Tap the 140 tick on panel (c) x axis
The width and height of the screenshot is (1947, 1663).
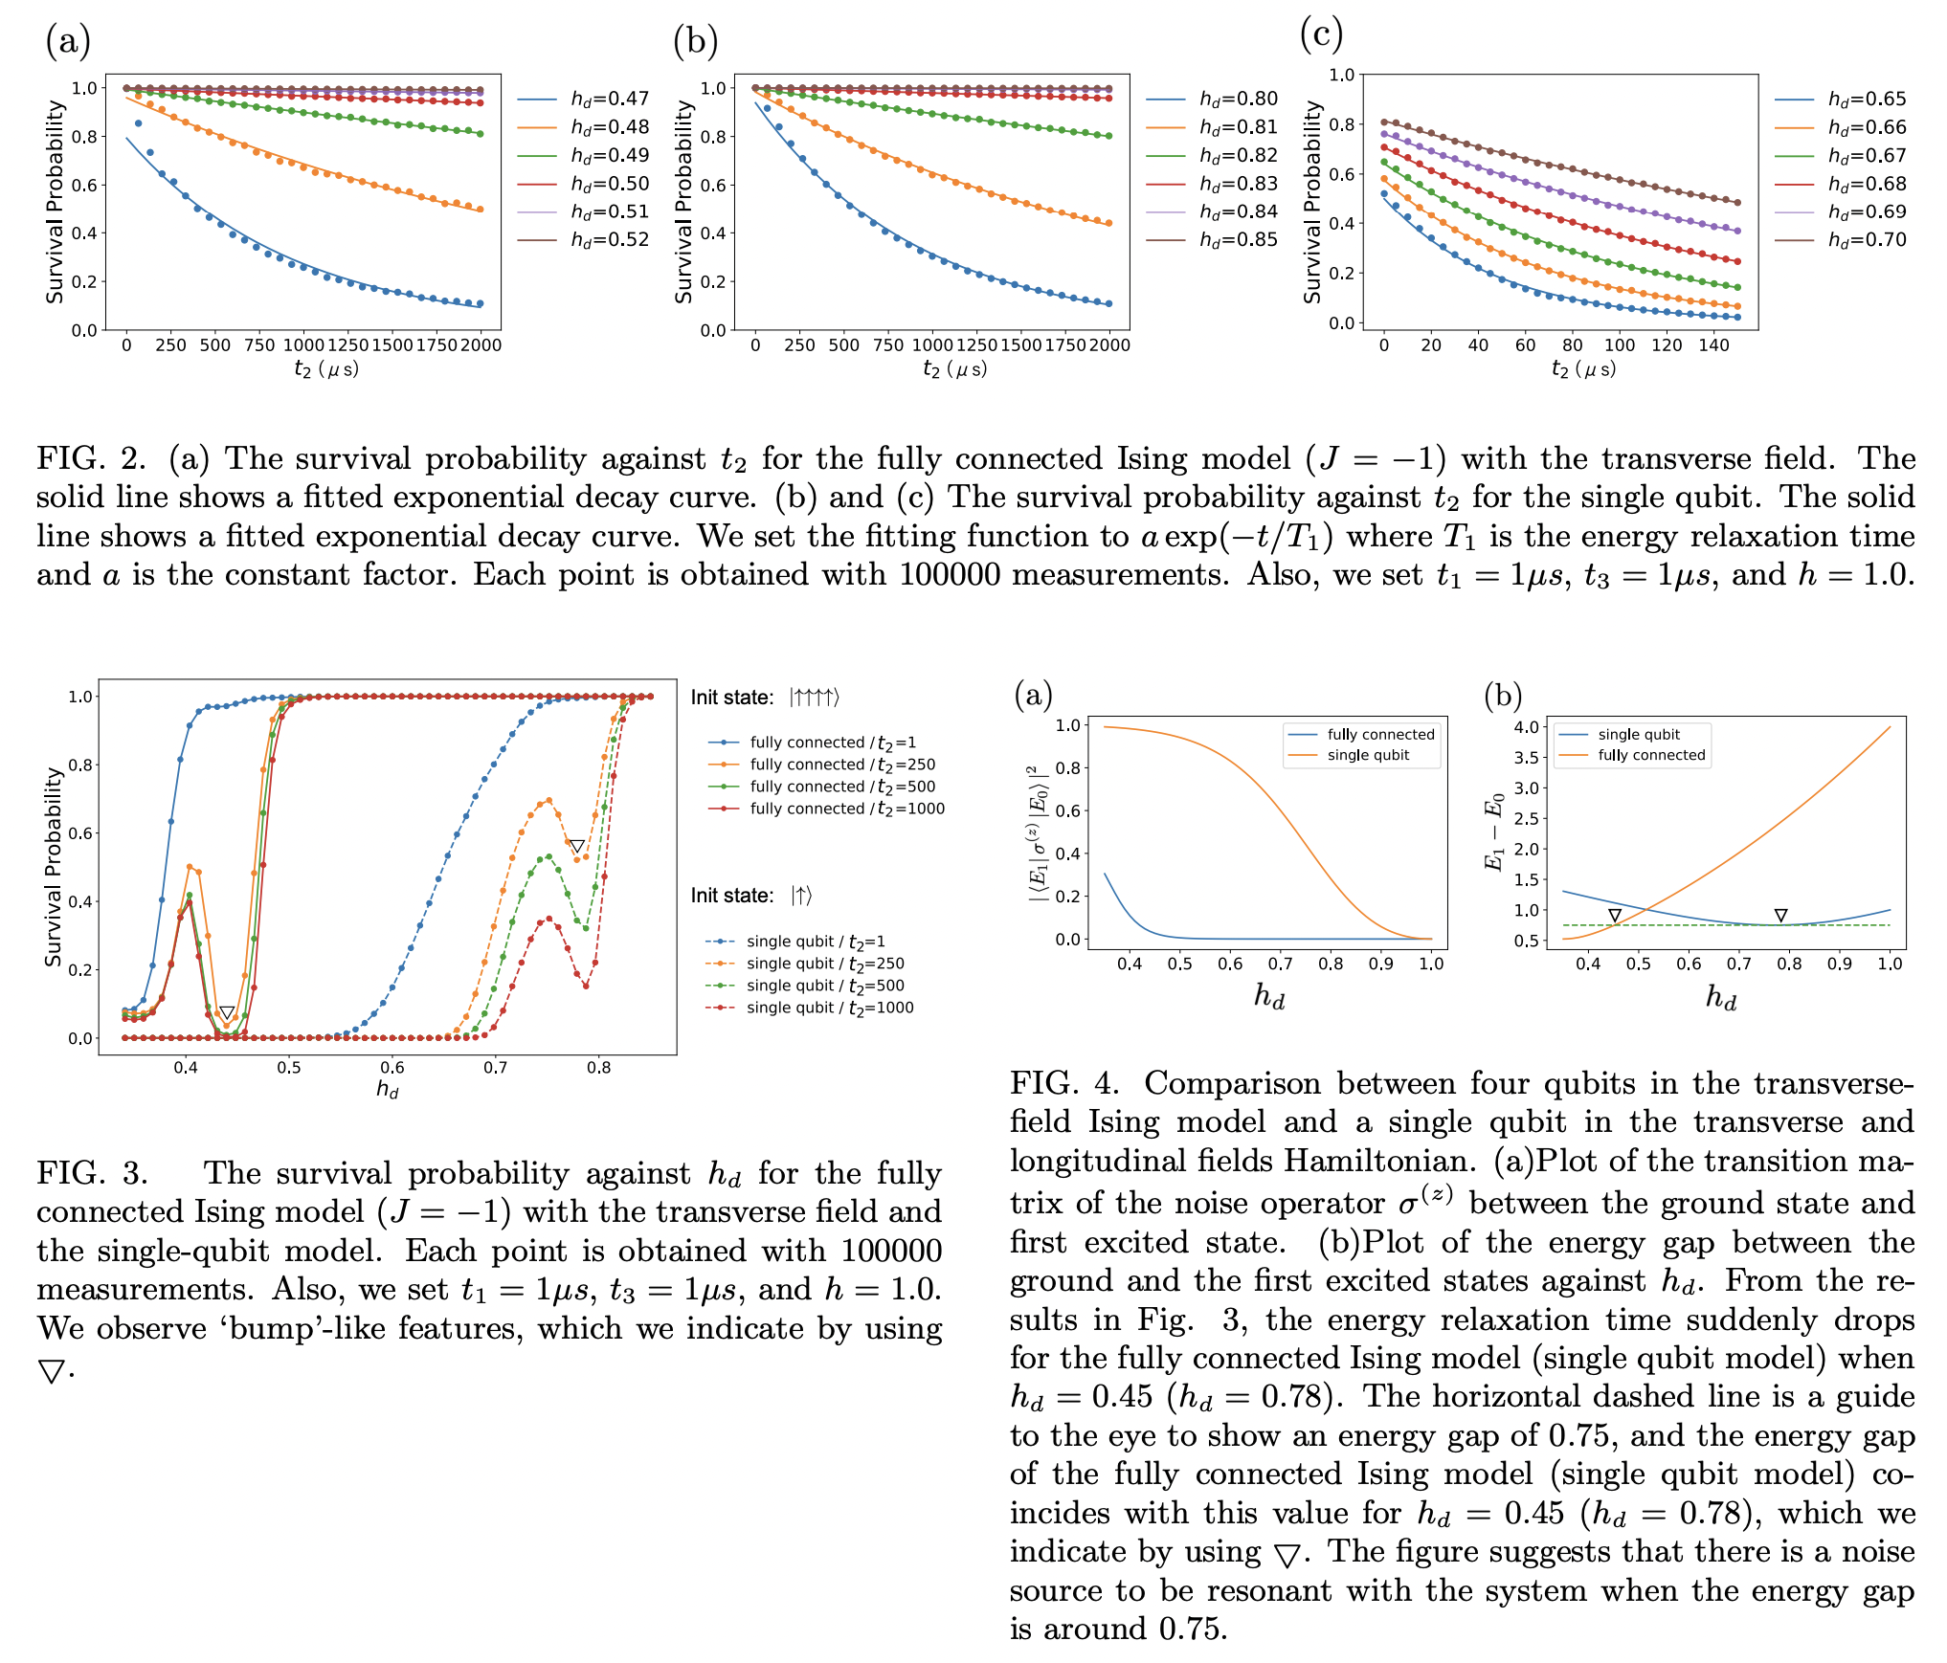1713,345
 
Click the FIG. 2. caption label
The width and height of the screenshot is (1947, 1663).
90,459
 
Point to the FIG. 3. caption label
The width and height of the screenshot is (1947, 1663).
92,1174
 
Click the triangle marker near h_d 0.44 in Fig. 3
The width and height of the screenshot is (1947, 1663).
227,1012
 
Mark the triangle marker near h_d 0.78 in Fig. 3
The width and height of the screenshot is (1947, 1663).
577,847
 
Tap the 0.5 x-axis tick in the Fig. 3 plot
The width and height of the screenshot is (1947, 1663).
289,1068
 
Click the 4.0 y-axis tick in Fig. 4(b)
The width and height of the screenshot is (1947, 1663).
1526,727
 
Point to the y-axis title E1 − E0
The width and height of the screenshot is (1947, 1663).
1492,832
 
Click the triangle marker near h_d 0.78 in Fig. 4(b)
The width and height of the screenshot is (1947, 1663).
1780,916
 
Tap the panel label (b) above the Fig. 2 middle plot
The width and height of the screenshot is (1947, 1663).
695,40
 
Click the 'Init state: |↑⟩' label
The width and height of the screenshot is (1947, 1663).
751,896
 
